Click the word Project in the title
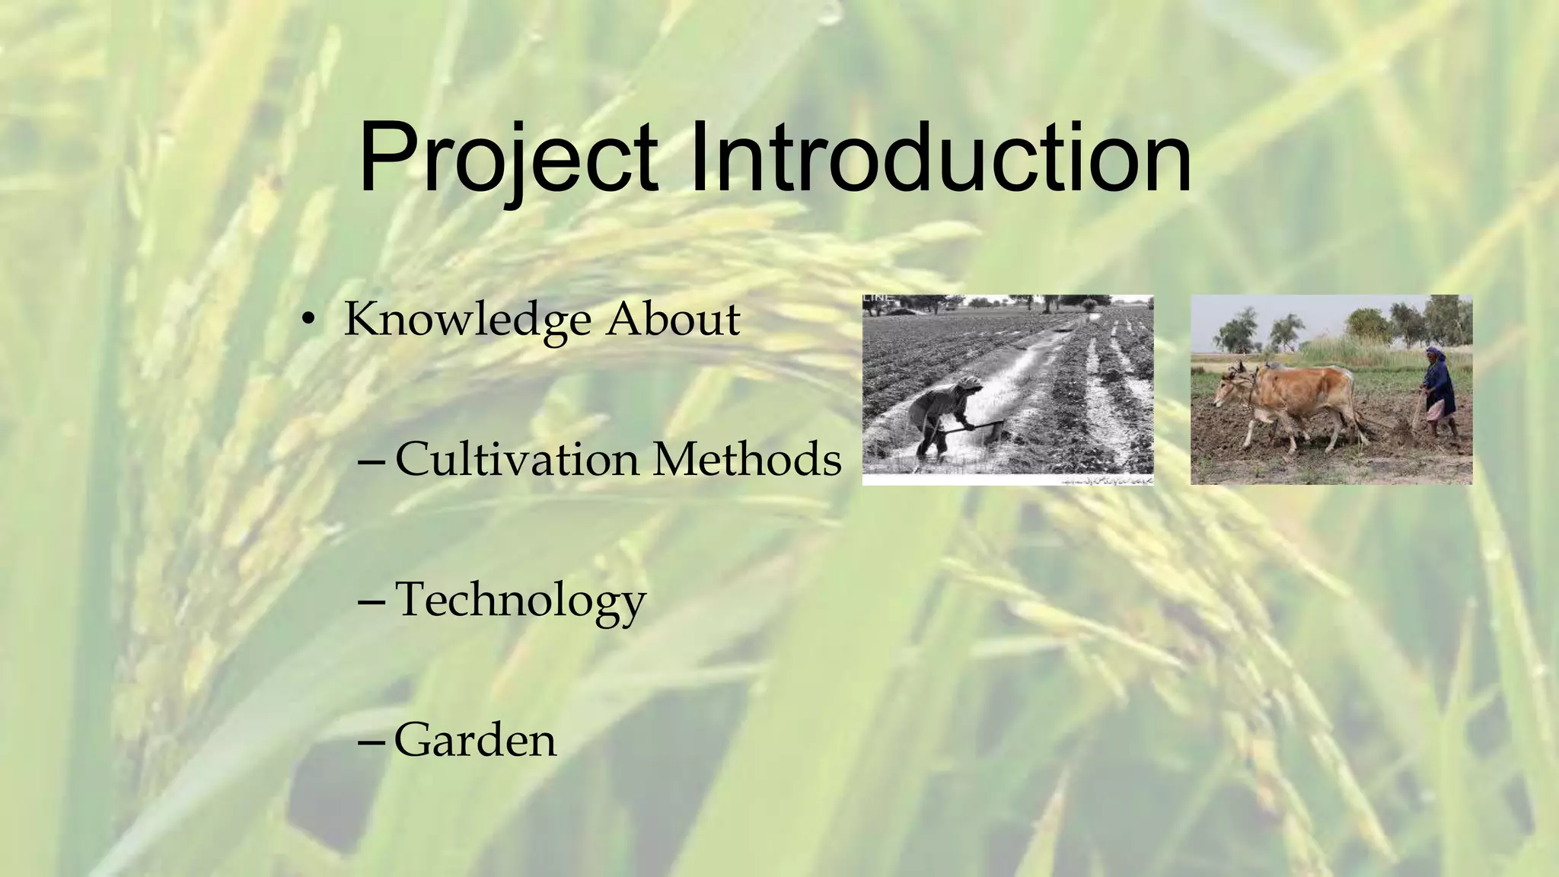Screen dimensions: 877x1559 tap(509, 161)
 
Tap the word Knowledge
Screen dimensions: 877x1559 tap(467, 320)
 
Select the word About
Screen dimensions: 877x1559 tap(673, 320)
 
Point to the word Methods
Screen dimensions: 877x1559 tap(747, 460)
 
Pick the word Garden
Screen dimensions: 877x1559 tap(476, 740)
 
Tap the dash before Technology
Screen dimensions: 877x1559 tap(374, 600)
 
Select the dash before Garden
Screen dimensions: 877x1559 tap(374, 740)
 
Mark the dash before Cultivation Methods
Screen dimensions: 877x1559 tap(374, 460)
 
